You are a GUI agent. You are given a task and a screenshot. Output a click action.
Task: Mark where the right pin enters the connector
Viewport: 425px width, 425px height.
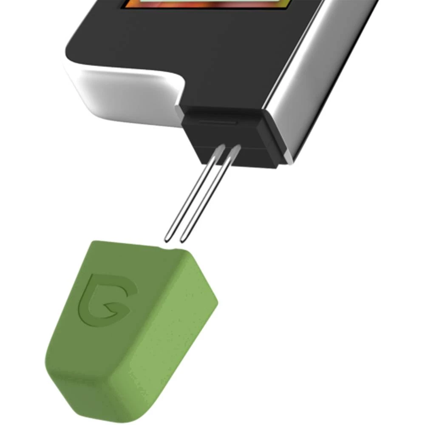236,149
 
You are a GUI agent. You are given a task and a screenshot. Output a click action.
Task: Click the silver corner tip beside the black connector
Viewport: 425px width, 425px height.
289,159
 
